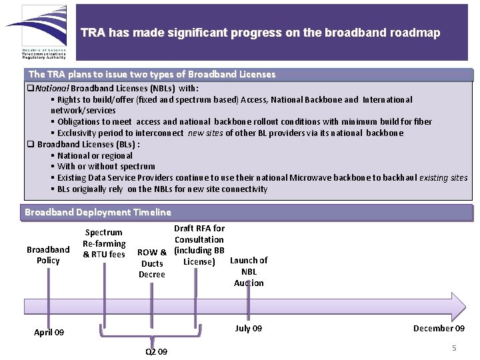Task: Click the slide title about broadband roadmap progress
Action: point(260,33)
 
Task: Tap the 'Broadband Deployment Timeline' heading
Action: point(97,212)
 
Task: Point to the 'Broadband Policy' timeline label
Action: point(48,255)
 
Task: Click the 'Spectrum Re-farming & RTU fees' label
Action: point(103,243)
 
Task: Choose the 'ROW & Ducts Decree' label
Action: point(152,263)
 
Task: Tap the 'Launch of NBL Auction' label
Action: point(249,271)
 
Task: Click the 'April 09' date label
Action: point(49,332)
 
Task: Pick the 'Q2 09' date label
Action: point(156,351)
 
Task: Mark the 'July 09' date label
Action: point(249,328)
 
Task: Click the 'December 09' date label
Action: point(439,328)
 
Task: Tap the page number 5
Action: point(454,348)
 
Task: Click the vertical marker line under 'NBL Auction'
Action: point(249,297)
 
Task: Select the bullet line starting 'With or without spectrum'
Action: point(106,167)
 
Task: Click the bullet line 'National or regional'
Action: point(95,155)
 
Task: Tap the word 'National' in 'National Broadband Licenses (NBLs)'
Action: point(52,88)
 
